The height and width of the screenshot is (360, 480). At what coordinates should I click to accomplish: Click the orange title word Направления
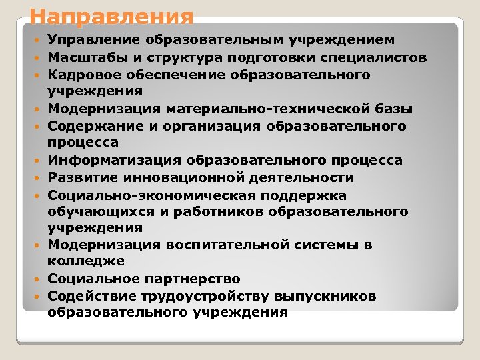point(112,16)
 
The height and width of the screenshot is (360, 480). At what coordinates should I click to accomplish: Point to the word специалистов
point(377,57)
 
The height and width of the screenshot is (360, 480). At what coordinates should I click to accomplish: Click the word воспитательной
point(213,245)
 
